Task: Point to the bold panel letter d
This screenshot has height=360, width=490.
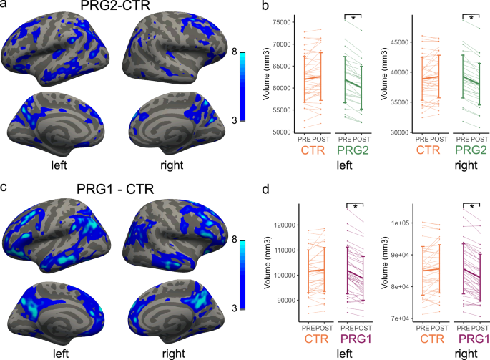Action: (x=265, y=190)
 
